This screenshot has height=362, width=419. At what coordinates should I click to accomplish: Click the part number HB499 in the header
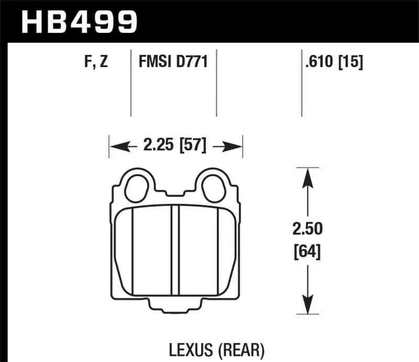tap(79, 22)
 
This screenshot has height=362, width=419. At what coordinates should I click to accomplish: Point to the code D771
tap(193, 63)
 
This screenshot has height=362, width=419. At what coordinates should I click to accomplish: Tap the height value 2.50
tap(308, 229)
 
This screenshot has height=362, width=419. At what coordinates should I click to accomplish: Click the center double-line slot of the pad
tap(175, 246)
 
